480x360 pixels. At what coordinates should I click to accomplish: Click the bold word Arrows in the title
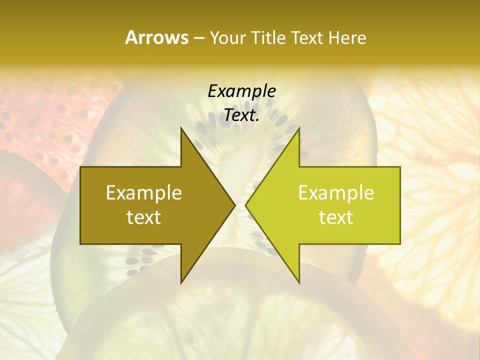(156, 37)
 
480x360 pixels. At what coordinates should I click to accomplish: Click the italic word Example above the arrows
(241, 91)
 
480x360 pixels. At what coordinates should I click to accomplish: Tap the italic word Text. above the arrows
(241, 115)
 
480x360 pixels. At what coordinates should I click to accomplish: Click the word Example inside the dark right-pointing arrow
(144, 192)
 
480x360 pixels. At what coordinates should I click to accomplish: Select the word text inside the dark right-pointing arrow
(144, 217)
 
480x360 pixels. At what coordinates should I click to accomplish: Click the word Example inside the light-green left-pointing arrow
(336, 192)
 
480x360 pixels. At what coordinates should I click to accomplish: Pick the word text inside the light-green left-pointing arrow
(336, 217)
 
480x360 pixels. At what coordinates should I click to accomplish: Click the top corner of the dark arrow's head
(181, 128)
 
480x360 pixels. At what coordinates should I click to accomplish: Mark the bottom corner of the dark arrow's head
(181, 282)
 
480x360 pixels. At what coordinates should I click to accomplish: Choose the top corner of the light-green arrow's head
(299, 128)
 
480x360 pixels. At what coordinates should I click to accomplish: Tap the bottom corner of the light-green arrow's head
(299, 282)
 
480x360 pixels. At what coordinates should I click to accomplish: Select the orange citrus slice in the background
(430, 165)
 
